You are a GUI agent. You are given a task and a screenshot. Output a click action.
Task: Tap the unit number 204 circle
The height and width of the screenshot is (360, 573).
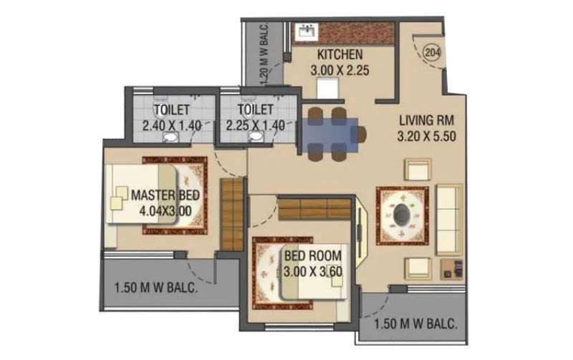432,52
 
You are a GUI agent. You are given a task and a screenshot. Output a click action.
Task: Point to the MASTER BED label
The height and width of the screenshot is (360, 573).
165,195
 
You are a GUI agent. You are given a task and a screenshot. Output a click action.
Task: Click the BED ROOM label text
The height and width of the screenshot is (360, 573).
312,255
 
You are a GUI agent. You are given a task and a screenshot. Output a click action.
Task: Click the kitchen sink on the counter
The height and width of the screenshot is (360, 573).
309,31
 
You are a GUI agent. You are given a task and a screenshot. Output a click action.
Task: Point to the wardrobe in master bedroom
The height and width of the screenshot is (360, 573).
231,215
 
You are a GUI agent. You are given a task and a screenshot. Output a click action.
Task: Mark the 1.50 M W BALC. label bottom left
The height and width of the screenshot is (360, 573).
155,289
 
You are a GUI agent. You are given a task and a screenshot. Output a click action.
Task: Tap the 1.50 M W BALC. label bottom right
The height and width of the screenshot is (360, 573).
416,323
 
